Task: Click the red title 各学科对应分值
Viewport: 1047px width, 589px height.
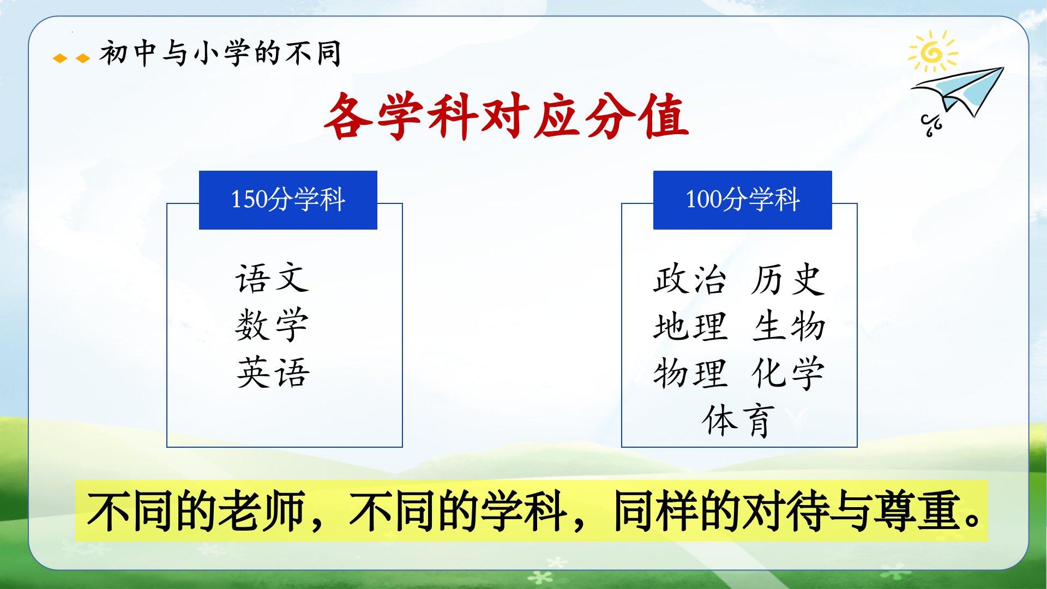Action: [x=506, y=116]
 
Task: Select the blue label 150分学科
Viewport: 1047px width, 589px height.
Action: [x=288, y=200]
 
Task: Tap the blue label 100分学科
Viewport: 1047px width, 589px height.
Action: [x=742, y=200]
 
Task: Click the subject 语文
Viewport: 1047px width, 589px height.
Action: [x=273, y=278]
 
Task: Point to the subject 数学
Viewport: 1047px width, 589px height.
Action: [x=273, y=325]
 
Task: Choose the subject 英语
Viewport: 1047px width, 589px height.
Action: [x=273, y=372]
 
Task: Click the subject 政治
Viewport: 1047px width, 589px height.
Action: [x=690, y=279]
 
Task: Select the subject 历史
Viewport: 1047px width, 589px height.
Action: [x=787, y=279]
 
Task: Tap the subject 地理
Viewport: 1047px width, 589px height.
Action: [x=690, y=326]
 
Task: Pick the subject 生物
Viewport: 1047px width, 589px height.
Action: [x=788, y=326]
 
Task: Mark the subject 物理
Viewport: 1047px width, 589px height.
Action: [x=690, y=373]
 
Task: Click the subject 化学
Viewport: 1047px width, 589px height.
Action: [x=787, y=373]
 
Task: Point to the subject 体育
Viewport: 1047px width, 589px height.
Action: [x=738, y=420]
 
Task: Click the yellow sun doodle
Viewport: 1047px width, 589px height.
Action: [x=932, y=51]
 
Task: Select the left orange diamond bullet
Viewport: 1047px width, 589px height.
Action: [x=60, y=58]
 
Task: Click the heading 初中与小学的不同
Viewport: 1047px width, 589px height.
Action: [x=220, y=53]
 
